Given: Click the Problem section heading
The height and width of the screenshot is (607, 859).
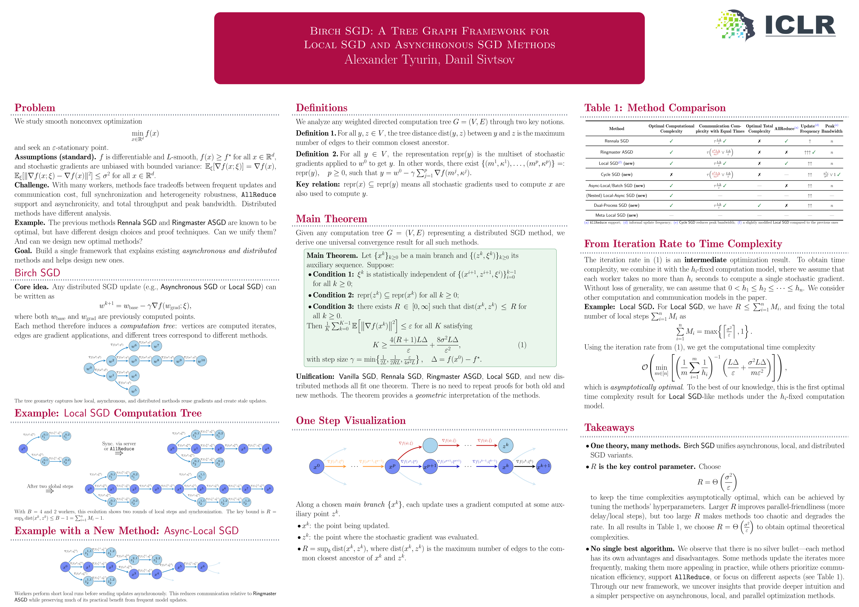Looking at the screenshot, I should [x=35, y=108].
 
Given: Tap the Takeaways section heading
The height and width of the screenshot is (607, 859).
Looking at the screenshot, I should [x=609, y=428].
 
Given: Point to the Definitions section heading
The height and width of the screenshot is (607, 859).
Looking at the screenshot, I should [x=321, y=108].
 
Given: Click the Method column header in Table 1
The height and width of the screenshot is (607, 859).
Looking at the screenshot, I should [x=616, y=129].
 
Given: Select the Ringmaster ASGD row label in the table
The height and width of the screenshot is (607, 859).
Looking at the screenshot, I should [x=616, y=152].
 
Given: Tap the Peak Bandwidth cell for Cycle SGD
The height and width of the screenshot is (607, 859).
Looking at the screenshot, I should [x=831, y=175].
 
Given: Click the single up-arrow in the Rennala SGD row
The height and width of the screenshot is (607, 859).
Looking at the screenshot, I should [x=810, y=141].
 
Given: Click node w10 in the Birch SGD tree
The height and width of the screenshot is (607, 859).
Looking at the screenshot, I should [x=202, y=361].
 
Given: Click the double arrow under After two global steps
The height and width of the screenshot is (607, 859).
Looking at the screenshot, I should [x=49, y=491].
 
